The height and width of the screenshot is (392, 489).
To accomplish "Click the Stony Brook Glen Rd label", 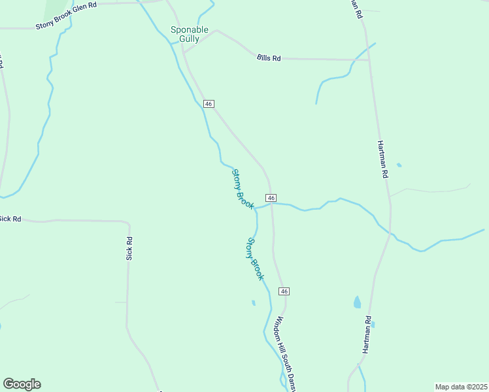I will pos(65,15).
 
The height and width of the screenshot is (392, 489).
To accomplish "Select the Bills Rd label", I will pos(269,58).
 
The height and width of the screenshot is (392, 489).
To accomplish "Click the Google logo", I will pos(22,384).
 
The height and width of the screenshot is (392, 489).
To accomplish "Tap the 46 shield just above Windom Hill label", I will pos(284,291).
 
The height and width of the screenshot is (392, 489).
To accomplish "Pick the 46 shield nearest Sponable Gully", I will pos(209,104).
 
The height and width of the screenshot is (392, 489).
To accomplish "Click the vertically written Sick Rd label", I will pos(129,249).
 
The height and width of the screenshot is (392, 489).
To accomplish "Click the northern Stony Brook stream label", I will pos(243,189).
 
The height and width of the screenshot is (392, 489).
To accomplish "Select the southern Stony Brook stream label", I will pos(255,259).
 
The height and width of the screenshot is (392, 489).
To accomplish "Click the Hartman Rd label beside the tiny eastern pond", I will pos(383,159).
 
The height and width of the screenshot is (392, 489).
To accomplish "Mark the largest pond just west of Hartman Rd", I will pos(357,302).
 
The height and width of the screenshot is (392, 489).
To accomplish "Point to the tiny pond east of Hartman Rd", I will pos(399,165).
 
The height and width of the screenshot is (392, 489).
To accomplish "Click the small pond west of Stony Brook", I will pos(253,302).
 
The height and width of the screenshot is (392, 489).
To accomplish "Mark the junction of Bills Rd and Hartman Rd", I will pos(369,60).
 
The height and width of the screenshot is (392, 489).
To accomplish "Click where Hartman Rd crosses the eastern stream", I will pos(390,233).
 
